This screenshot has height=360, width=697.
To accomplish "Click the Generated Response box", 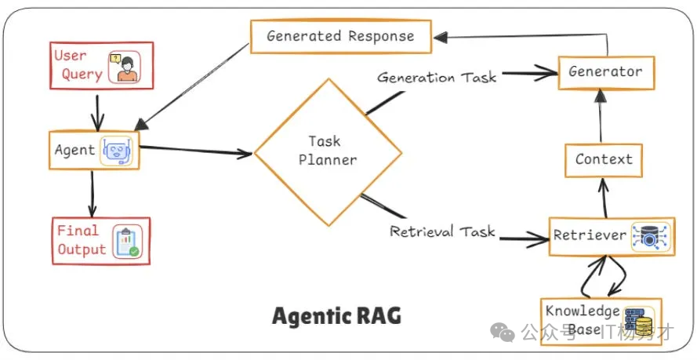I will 340,36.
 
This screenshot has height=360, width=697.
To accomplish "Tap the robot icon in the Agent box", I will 116,150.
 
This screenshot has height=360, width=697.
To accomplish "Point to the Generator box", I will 605,71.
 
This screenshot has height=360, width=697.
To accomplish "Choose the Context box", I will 604,159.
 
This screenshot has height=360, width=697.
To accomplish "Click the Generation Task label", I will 437,78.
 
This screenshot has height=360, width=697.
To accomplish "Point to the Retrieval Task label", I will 442,231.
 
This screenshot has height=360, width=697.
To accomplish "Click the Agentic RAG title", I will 336,316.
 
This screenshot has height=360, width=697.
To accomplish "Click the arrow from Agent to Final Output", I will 93,192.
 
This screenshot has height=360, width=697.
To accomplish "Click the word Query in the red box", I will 82,75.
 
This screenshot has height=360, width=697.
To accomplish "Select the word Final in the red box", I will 78,231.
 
